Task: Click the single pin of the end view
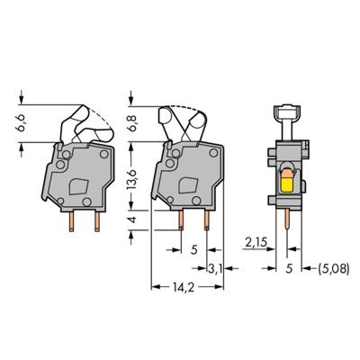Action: point(286,225)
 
